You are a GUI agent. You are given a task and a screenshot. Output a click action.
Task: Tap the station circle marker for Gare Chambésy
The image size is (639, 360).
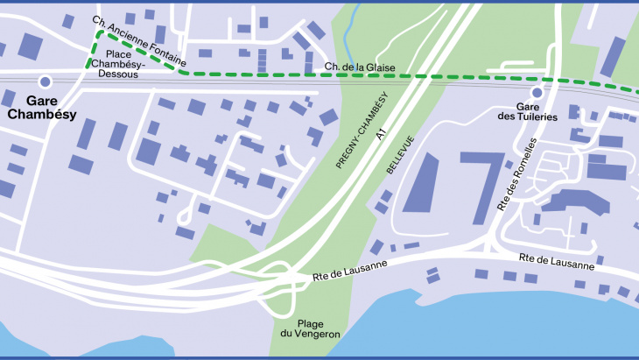45,81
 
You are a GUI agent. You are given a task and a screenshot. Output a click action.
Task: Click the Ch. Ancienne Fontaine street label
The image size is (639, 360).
139,41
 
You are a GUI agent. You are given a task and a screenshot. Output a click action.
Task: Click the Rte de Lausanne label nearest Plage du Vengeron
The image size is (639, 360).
346,277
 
